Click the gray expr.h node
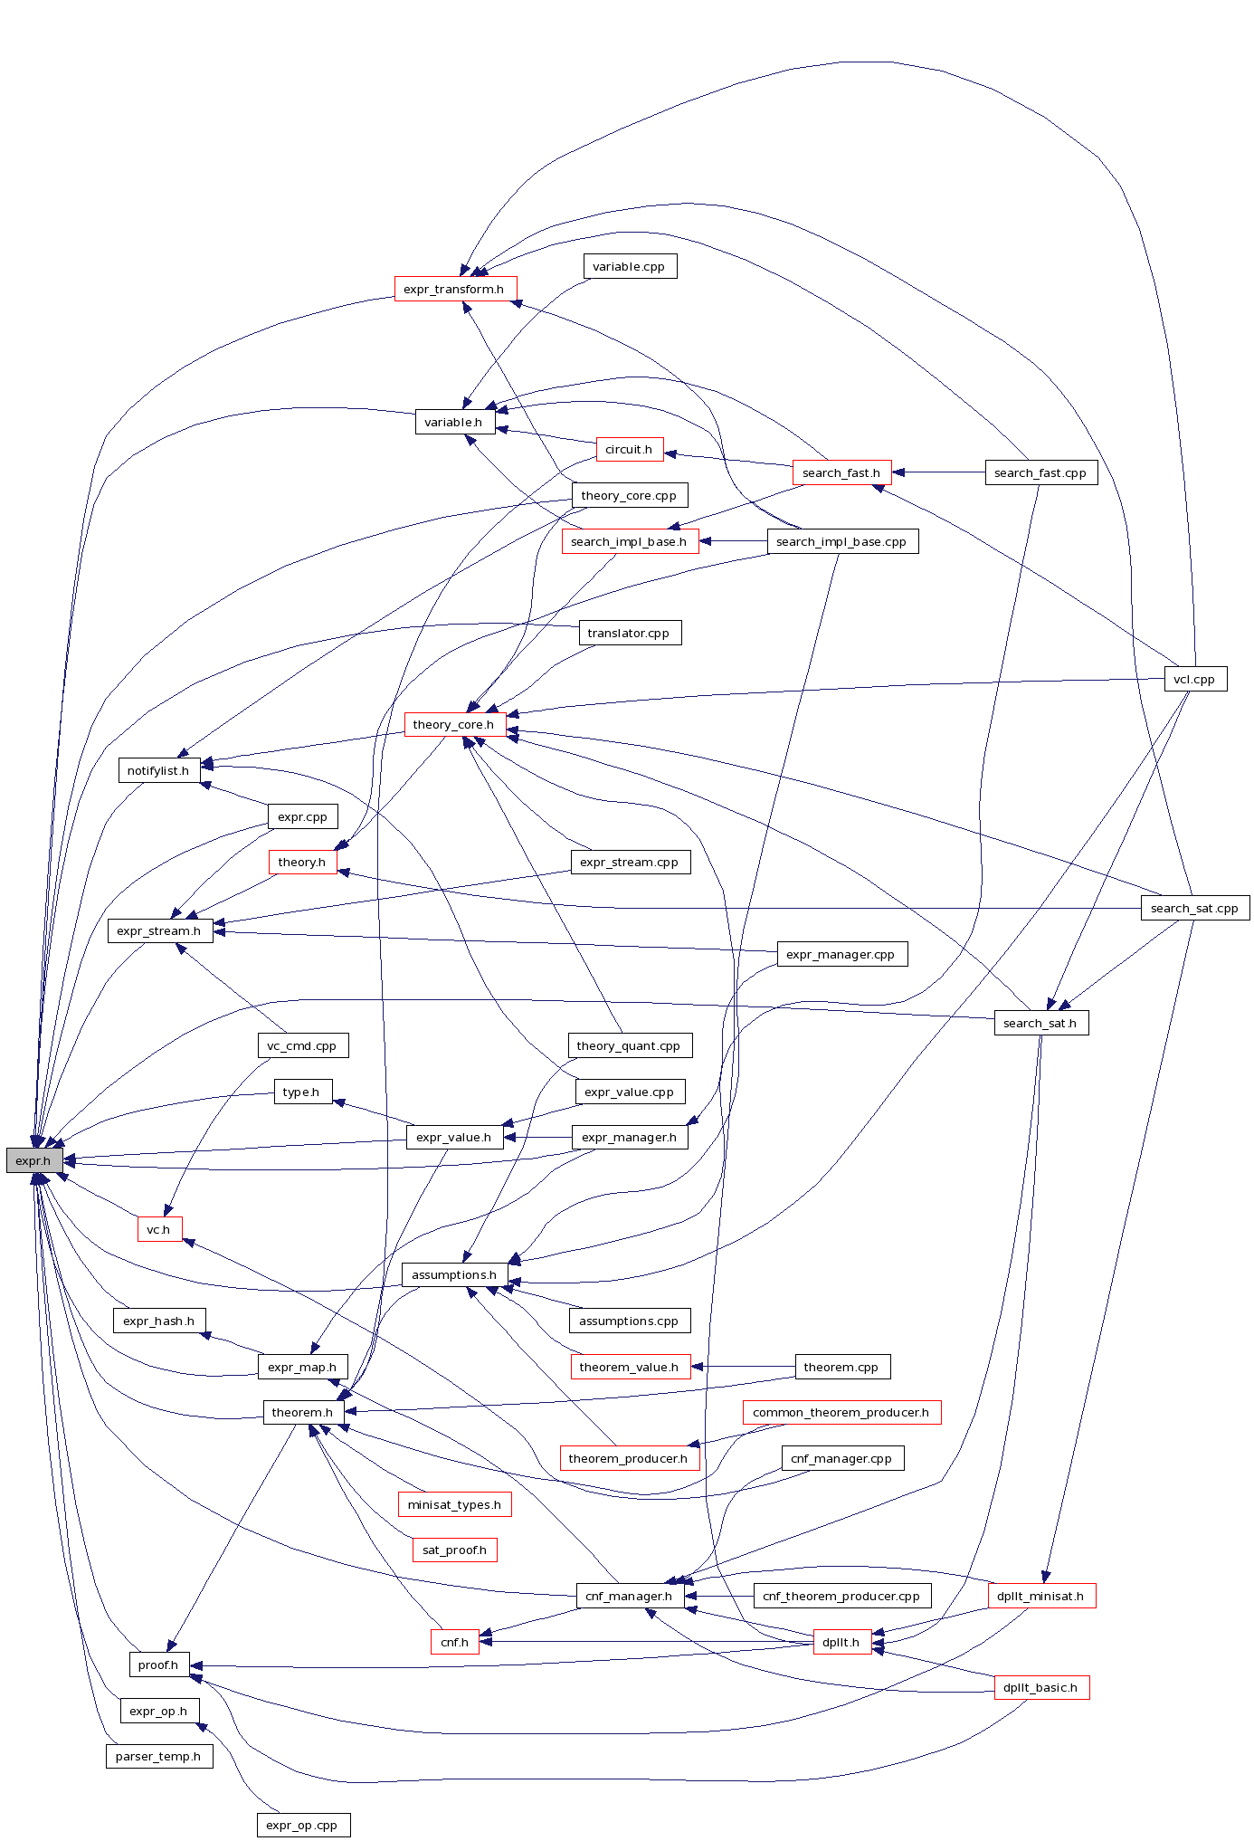point(34,1160)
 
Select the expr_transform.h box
point(455,290)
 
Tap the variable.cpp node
point(630,267)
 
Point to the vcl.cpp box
point(1194,679)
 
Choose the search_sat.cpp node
point(1194,908)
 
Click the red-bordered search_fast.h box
point(841,472)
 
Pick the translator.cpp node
point(630,633)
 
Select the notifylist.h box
point(159,770)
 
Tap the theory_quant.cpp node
point(630,1045)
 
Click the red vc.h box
point(159,1229)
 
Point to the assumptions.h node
point(454,1274)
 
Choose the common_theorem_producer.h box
point(841,1412)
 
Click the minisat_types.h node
point(454,1504)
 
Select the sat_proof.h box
point(454,1550)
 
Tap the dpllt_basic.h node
point(1040,1687)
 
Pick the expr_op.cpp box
point(303,1825)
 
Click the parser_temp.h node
point(159,1756)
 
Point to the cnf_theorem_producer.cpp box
point(841,1596)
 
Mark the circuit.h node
point(630,450)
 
